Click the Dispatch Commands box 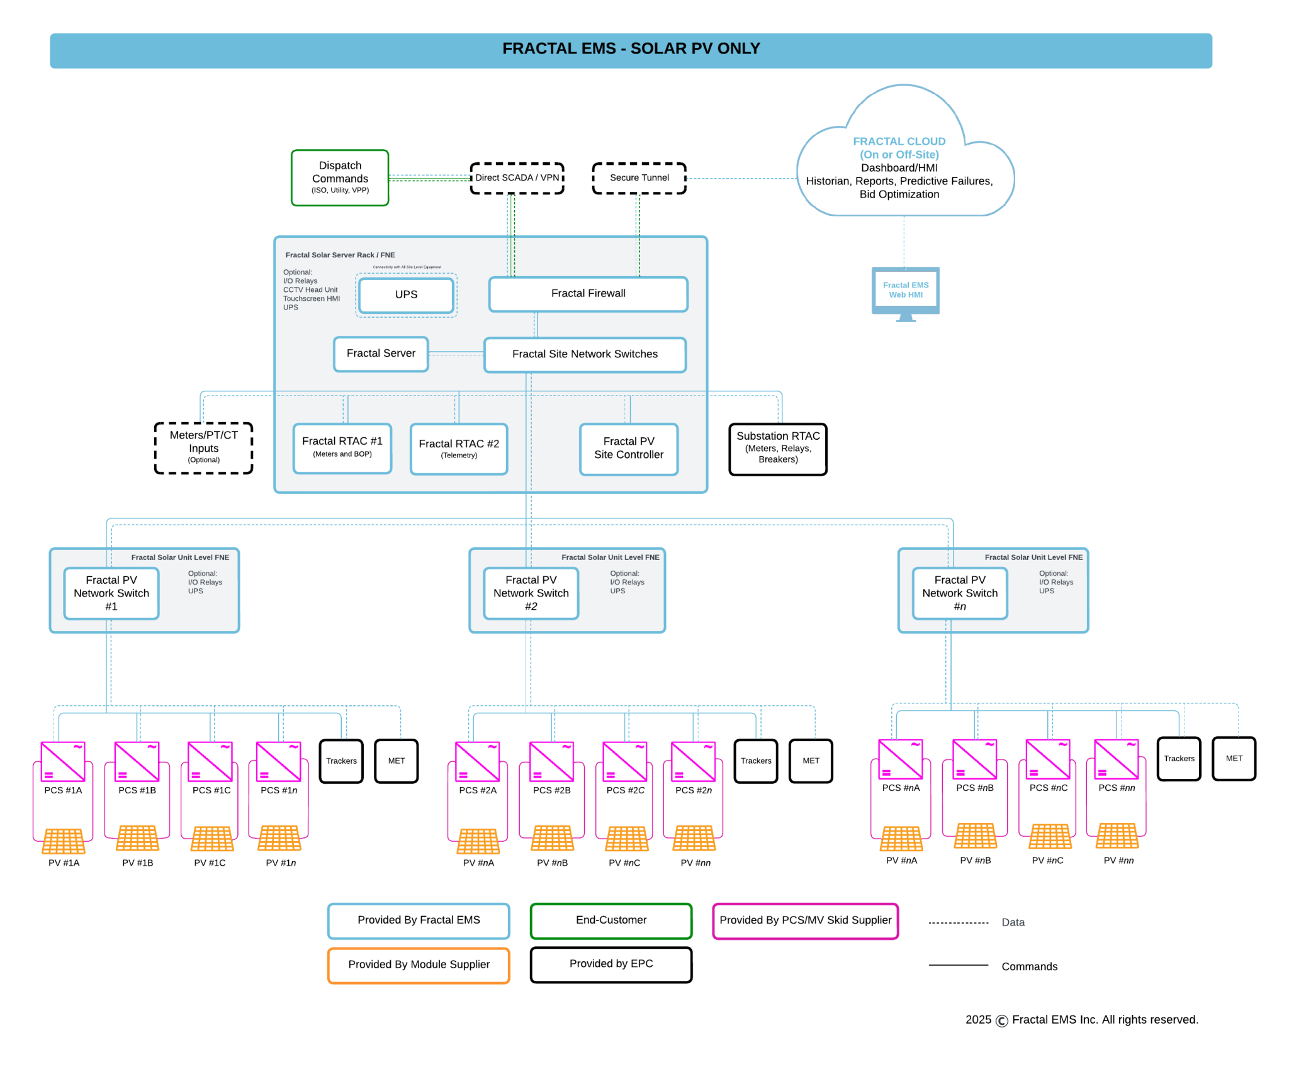pos(340,177)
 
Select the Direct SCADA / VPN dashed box pos(517,178)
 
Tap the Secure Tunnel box pos(639,178)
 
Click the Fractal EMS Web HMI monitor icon pos(905,291)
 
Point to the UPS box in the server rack pos(406,294)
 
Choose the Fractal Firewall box pos(588,294)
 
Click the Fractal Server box pos(381,354)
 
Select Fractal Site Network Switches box pos(585,354)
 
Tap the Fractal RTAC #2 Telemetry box pos(459,449)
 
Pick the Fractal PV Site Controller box pos(628,449)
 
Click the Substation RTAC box pos(778,449)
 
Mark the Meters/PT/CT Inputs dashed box pos(203,447)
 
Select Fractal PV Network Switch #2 pos(531,593)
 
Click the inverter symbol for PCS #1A pos(63,761)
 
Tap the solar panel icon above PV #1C pos(212,839)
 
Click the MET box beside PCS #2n pos(811,761)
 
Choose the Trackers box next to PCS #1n pos(341,761)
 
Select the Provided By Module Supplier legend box pos(419,964)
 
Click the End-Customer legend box pos(611,920)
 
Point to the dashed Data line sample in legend pos(958,923)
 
